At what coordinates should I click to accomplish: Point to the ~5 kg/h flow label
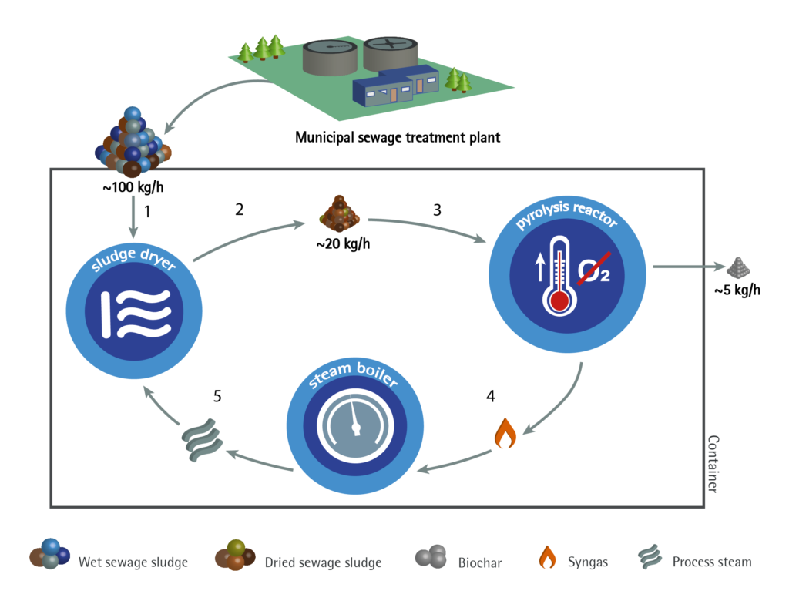click(x=737, y=290)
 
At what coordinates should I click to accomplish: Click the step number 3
click(x=437, y=209)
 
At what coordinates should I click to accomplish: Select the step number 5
click(x=218, y=396)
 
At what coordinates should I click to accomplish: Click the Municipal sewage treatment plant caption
click(x=398, y=138)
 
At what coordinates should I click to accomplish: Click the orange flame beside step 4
click(x=505, y=434)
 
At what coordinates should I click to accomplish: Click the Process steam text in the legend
click(x=711, y=562)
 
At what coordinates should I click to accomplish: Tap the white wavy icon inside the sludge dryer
click(x=136, y=308)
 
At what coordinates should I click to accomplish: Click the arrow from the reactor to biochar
click(x=686, y=267)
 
